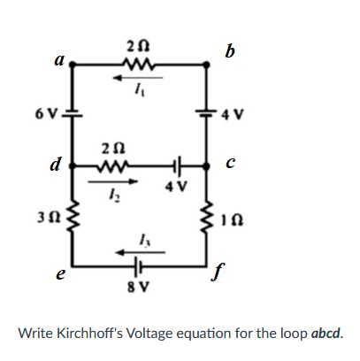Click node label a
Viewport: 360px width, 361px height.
(x=58, y=59)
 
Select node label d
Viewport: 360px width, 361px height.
(x=56, y=164)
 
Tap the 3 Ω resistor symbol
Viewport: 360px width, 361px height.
(x=72, y=215)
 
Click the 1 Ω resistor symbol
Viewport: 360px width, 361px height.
(x=210, y=215)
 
